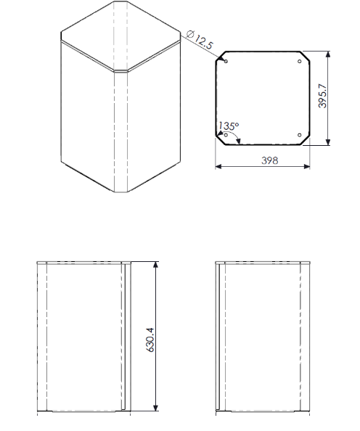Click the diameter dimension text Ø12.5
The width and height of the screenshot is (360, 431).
[200, 41]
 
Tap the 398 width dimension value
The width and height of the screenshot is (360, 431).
[269, 160]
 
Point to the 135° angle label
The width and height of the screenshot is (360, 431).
[229, 126]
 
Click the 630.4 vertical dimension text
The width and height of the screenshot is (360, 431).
[150, 339]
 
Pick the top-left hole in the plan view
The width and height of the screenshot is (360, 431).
[226, 61]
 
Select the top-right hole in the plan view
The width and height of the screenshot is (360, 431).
[300, 61]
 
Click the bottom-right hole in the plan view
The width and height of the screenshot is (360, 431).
[300, 134]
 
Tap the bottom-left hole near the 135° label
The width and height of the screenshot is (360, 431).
[226, 134]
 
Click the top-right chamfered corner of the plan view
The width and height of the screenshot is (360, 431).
[306, 55]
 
